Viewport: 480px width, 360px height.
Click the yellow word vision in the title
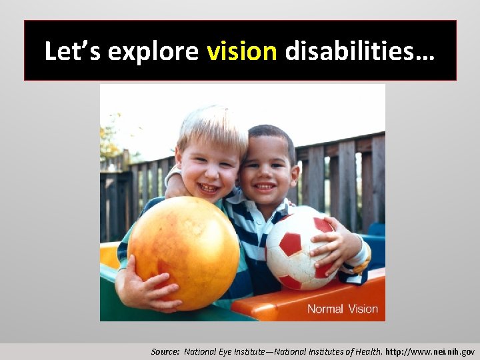tap(242, 51)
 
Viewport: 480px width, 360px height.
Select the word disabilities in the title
tap(359, 51)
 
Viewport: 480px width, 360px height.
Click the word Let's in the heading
tap(71, 51)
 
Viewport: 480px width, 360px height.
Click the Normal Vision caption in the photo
tap(342, 309)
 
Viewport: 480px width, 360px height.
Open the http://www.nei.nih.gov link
tap(431, 351)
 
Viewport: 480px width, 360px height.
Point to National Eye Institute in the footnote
tap(222, 351)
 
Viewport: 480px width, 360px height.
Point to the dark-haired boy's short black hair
tap(273, 135)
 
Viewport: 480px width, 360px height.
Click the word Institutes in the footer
tap(321, 351)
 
